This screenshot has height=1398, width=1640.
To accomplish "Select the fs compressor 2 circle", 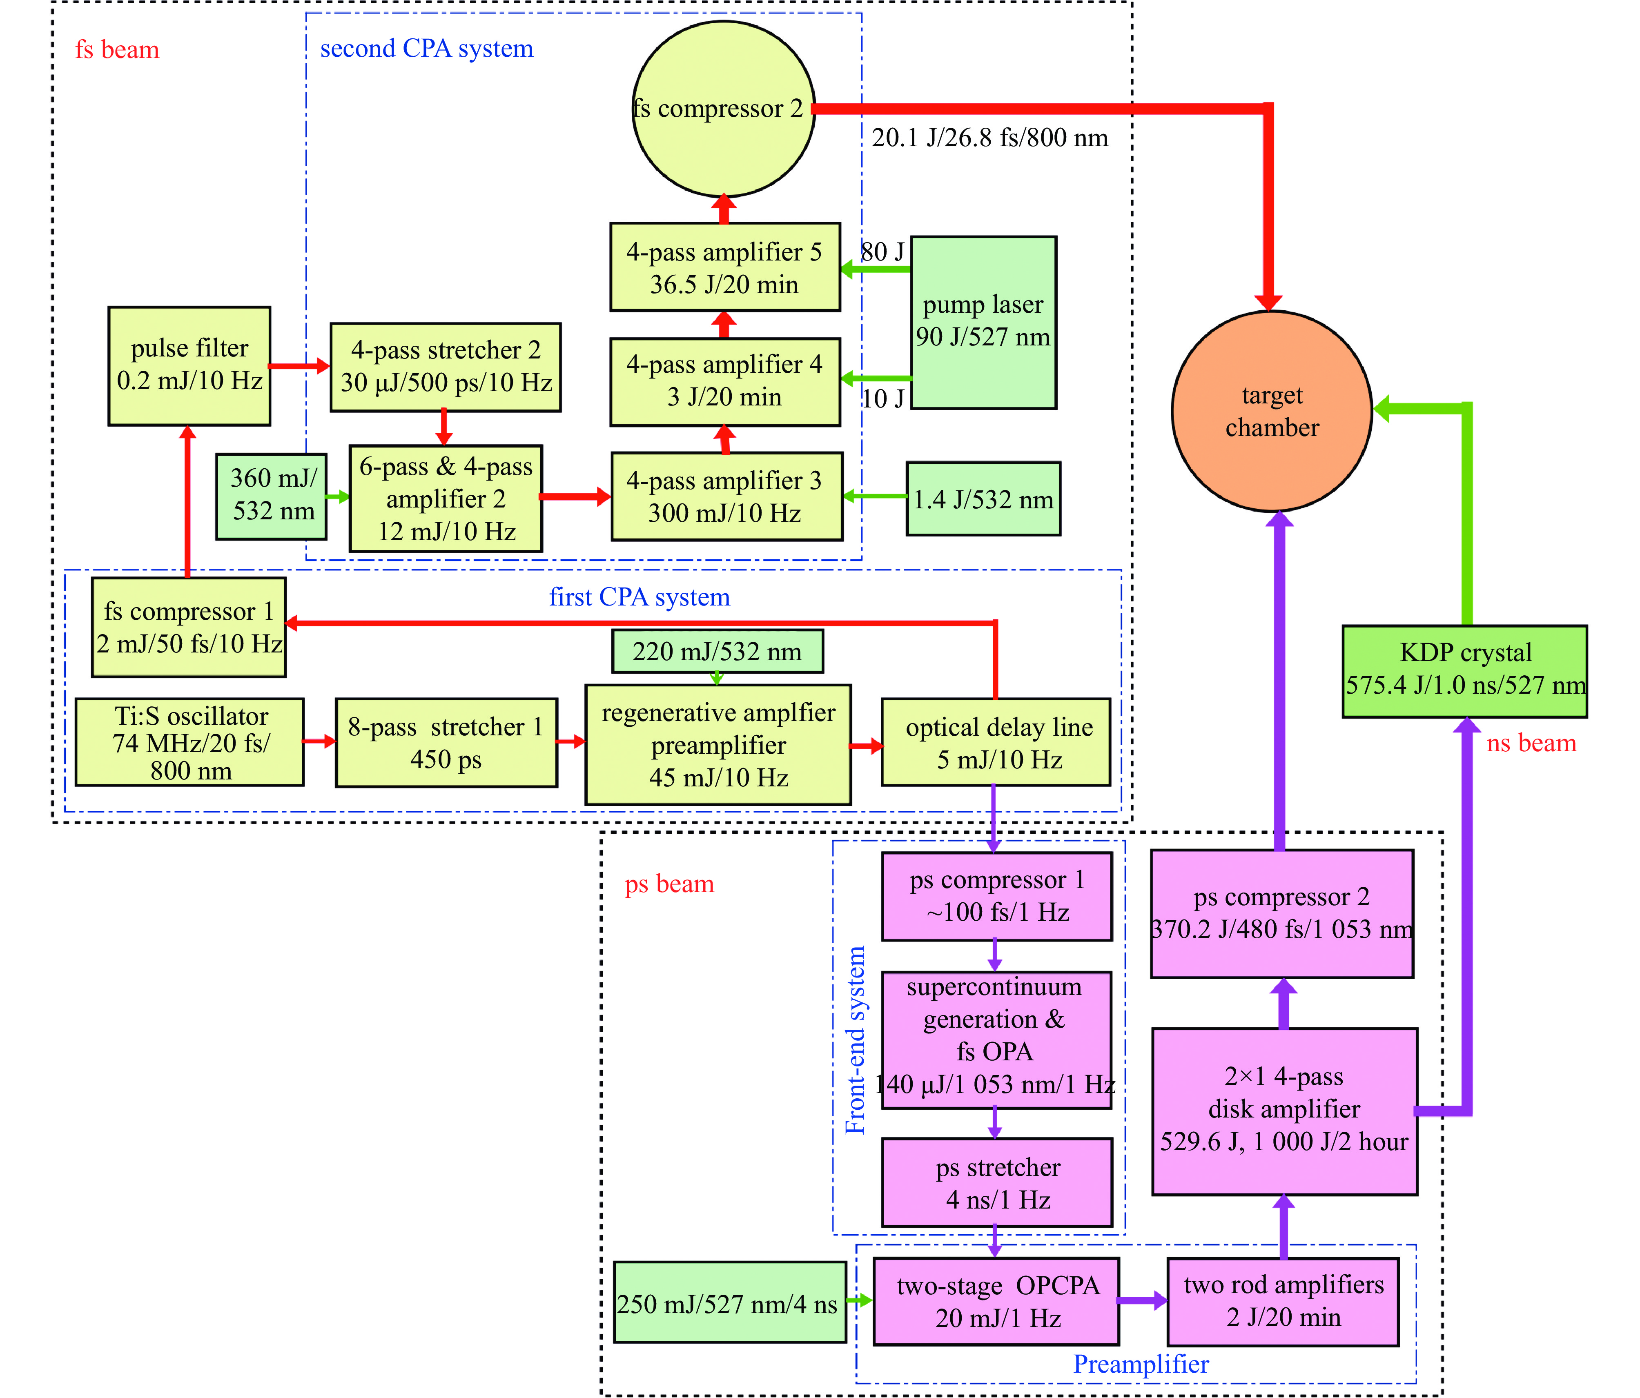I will click(723, 108).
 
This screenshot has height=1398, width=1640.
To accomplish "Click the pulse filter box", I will click(189, 365).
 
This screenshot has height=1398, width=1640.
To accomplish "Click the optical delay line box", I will click(996, 742).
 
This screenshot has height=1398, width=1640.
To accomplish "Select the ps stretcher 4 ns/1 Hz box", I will click(996, 1182).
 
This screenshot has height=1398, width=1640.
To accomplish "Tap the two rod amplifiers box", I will click(1283, 1301).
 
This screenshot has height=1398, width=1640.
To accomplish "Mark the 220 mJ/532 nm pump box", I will click(717, 651).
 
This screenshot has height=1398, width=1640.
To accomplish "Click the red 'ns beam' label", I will click(1531, 743).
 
